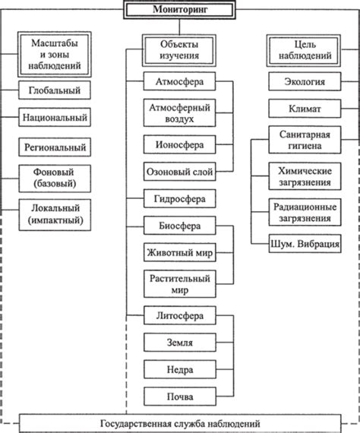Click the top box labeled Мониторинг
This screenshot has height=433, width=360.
click(x=179, y=10)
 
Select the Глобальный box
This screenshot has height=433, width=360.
click(x=55, y=90)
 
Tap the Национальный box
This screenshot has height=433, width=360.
click(x=55, y=117)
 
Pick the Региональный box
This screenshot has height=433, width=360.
click(x=55, y=147)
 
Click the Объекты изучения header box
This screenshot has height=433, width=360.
click(x=179, y=50)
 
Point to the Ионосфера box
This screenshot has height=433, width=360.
click(x=179, y=144)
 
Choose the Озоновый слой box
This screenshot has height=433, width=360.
click(x=179, y=172)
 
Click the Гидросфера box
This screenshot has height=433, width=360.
click(x=179, y=198)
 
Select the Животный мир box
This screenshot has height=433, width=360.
click(x=179, y=252)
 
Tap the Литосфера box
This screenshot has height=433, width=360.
click(x=180, y=315)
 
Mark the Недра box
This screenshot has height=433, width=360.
click(x=180, y=369)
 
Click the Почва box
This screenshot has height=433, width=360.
click(x=180, y=397)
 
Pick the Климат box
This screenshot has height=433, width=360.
click(x=305, y=109)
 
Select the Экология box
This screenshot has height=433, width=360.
click(x=305, y=81)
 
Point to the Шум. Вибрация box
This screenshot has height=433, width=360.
click(x=305, y=244)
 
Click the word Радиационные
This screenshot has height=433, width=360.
click(x=305, y=207)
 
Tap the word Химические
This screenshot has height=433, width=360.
click(x=305, y=171)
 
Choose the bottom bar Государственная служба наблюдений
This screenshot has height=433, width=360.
click(x=180, y=423)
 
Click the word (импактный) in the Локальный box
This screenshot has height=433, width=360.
click(x=55, y=220)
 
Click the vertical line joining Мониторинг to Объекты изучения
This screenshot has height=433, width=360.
click(x=179, y=27)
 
